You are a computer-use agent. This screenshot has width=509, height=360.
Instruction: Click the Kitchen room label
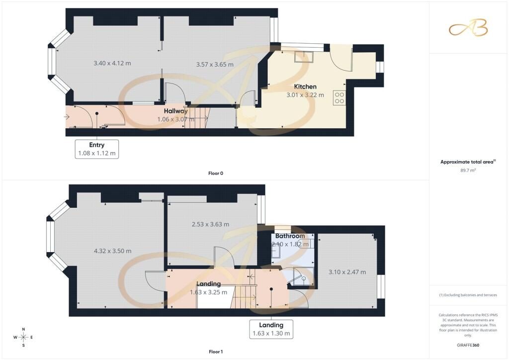[x=305, y=87]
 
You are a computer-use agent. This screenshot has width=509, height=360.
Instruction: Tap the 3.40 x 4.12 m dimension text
[x=112, y=63]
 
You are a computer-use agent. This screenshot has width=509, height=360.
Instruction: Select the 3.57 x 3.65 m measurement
[x=215, y=65]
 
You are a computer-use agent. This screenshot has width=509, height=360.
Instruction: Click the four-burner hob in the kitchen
[x=339, y=98]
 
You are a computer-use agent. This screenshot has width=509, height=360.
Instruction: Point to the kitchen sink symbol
[x=304, y=57]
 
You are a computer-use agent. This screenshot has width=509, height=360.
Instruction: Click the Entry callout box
[x=97, y=149]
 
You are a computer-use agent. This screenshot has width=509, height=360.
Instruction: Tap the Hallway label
[x=175, y=111]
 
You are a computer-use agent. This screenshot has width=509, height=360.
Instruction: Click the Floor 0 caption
[x=216, y=174]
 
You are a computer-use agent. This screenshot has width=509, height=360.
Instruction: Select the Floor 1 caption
[x=216, y=352]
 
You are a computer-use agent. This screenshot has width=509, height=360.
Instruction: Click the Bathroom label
[x=290, y=236]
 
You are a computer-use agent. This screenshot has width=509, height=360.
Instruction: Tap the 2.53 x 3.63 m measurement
[x=210, y=224]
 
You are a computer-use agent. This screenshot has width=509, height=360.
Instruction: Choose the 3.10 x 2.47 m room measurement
[x=347, y=272]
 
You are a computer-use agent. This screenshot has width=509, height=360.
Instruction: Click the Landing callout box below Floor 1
[x=271, y=329]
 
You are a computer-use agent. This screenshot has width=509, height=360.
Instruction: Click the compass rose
[x=23, y=337]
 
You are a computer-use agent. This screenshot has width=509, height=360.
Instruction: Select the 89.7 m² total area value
[x=468, y=170]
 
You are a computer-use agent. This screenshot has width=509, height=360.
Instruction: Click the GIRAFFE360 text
[x=468, y=345]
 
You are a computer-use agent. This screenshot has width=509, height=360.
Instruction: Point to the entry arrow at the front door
[x=67, y=116]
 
